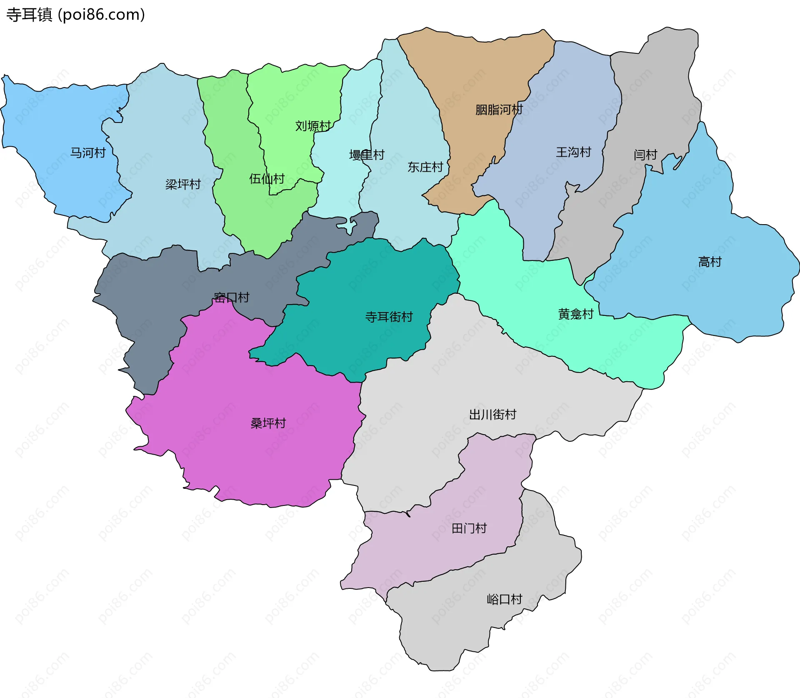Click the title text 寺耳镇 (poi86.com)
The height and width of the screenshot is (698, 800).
point(75,15)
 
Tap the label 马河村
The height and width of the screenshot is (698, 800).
point(88,153)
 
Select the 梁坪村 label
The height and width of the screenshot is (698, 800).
point(183,184)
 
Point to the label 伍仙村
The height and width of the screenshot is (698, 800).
point(267,179)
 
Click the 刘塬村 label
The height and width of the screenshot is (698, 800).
point(313,126)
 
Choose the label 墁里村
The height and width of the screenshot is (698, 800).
point(367,155)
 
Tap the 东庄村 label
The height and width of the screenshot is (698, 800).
point(425,167)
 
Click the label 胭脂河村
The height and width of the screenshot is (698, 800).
point(499,110)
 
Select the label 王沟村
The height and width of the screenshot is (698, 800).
point(573,152)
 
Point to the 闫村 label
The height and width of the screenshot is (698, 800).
point(645,155)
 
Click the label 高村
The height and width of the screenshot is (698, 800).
point(710,262)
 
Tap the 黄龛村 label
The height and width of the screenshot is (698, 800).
point(575,314)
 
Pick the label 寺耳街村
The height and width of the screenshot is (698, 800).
point(389,317)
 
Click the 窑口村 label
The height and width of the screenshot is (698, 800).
point(231,297)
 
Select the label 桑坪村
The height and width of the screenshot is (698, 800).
point(268,423)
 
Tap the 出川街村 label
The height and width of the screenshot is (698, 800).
point(492,414)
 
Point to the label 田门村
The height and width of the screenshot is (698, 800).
point(469,528)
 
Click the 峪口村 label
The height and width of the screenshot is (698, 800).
point(504,599)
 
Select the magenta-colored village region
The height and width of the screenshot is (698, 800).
point(250,458)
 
